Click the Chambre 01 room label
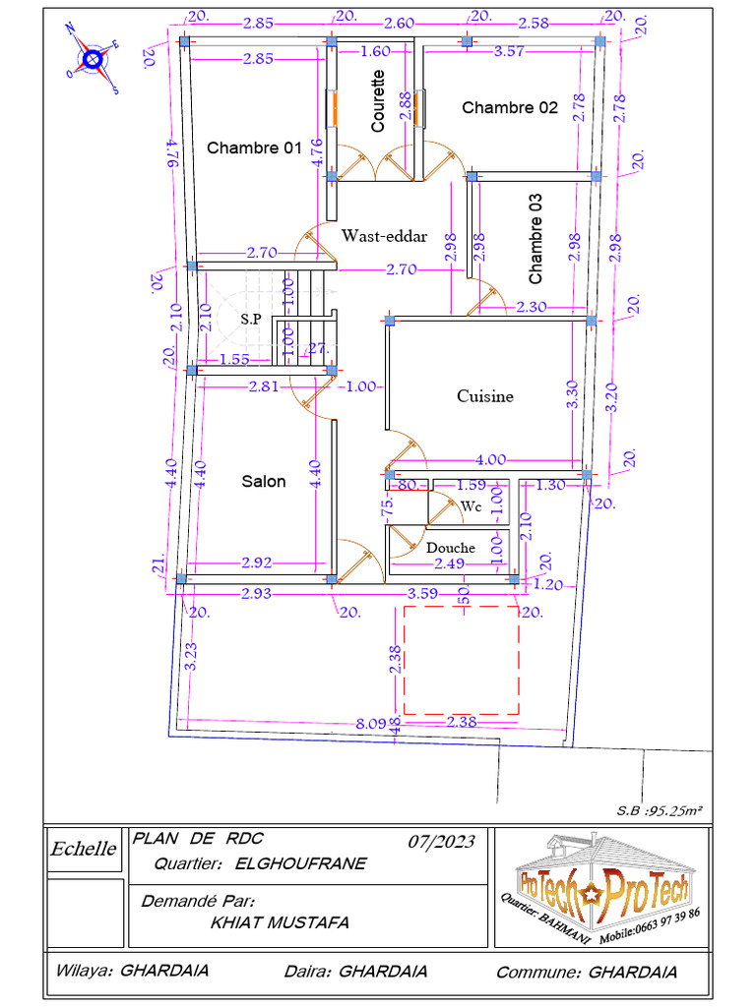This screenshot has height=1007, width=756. tap(253, 148)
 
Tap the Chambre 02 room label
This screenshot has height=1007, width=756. tap(510, 107)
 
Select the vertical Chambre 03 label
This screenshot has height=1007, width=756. tap(535, 237)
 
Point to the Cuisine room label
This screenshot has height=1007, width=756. tap(484, 396)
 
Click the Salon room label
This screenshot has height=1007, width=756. tap(264, 481)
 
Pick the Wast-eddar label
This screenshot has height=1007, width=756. tap(384, 236)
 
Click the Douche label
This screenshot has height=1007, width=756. tap(451, 548)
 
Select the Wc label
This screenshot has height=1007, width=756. tap(471, 505)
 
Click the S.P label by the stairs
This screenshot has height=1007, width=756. tap(251, 320)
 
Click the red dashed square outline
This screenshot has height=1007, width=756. tap(461, 660)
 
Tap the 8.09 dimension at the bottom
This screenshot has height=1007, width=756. tap(371, 725)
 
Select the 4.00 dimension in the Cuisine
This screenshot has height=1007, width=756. tap(490, 459)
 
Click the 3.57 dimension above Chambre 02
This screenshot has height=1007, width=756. tap(509, 51)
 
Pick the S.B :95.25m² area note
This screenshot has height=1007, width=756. tap(659, 809)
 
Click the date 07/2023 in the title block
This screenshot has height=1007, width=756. tap(441, 842)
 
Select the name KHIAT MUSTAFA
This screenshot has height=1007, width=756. tap(280, 922)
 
